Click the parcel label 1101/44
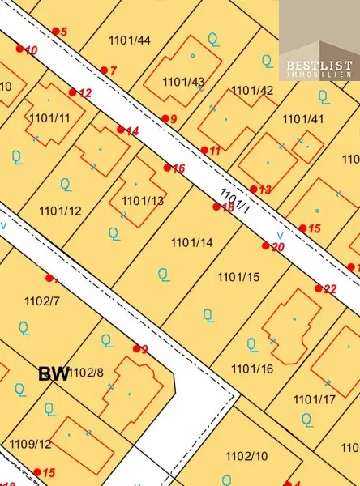pyautogui.click(x=129, y=40)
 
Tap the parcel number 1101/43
pyautogui.click(x=183, y=82)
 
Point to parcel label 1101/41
pyautogui.click(x=303, y=119)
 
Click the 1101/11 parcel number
pyautogui.click(x=49, y=118)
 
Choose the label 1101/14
pyautogui.click(x=191, y=242)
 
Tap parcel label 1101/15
pyautogui.click(x=238, y=277)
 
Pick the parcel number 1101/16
pyautogui.click(x=252, y=369)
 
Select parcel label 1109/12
pyautogui.click(x=31, y=444)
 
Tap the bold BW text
pyautogui.click(x=53, y=373)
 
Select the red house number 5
pyautogui.click(x=64, y=32)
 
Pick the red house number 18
pyautogui.click(x=228, y=208)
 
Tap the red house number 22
pyautogui.click(x=330, y=289)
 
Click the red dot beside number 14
pyautogui.click(x=121, y=130)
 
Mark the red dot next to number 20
pyautogui.click(x=265, y=245)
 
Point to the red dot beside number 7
pyautogui.click(x=103, y=70)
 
